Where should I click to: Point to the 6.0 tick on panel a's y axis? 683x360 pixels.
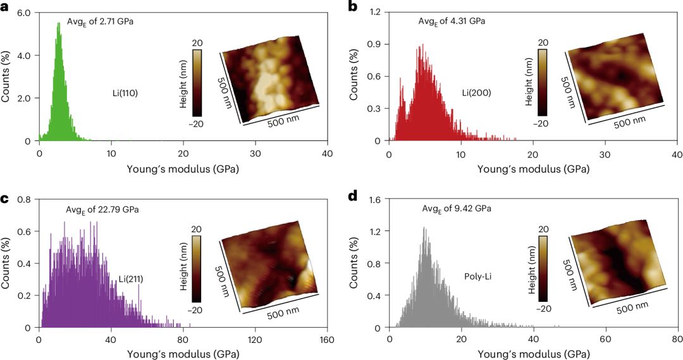point(25,12)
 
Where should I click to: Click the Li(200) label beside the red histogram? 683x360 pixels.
point(476,93)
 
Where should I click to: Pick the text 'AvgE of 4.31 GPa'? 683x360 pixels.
point(452,22)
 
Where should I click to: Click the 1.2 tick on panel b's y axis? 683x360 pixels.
point(375,12)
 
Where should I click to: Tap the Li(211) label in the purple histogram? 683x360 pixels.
point(131,279)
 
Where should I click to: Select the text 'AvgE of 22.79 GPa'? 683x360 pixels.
point(102,209)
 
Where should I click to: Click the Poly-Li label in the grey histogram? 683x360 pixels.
point(479,276)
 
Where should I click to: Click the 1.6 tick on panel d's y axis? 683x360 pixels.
point(375,199)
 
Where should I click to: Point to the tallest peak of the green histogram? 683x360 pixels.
point(59,23)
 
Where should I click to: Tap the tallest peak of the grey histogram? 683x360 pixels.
point(424,228)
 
